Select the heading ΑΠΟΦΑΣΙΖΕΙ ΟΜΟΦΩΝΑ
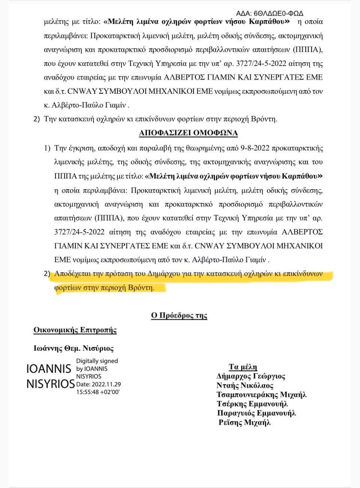coord(186,133)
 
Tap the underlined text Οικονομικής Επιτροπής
coord(75,330)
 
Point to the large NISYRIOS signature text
coord(50,384)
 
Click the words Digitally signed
coord(97,361)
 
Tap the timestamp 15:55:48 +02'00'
coord(98,392)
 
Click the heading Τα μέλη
coord(243,368)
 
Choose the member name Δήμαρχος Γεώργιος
coord(251,376)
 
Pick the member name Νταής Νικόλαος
coord(245,385)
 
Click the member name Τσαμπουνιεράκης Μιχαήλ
coord(262,395)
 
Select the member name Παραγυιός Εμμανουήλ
coord(256,413)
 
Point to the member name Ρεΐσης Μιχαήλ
coord(244,422)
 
